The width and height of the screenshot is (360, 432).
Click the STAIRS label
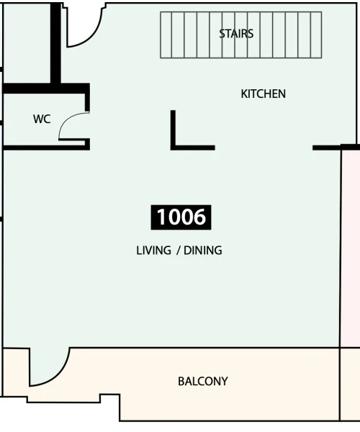coord(236,33)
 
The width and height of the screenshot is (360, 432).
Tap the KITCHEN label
coord(263,94)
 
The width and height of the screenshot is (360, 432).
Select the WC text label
coord(42,120)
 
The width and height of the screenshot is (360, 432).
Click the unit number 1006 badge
coord(181,217)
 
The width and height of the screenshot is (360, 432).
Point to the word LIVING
coord(152,251)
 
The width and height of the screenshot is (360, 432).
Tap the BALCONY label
coord(203,381)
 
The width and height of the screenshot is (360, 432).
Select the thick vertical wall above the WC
coord(55,43)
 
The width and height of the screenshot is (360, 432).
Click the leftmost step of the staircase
coord(166,35)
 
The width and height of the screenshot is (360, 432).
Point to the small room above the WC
coord(27,43)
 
